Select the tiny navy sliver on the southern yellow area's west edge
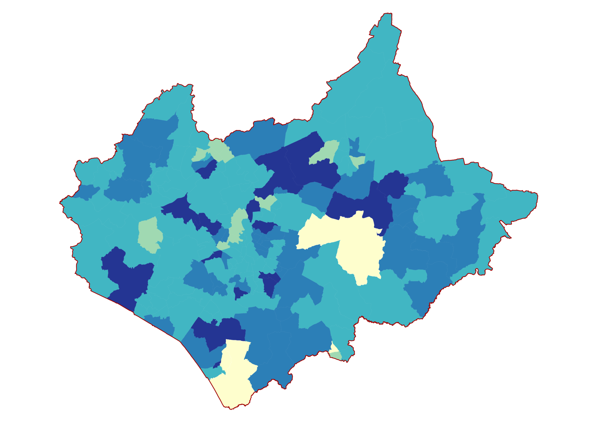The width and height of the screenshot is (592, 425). pyautogui.click(x=217, y=365)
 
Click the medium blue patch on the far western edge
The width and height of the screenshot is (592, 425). pyautogui.click(x=87, y=192)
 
